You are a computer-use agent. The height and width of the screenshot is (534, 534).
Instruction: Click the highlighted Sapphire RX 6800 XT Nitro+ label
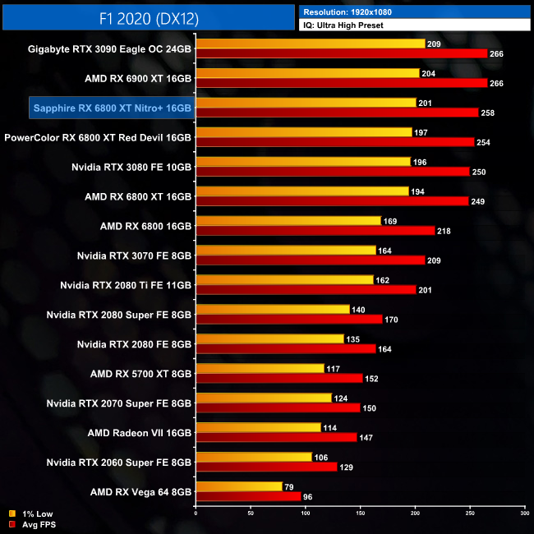point(112,108)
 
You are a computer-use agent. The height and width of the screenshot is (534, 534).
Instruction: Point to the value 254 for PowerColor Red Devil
point(485,142)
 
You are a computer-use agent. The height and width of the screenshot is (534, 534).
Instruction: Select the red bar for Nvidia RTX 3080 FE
point(332,172)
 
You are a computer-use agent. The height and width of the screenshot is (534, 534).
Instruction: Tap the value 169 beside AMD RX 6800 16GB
point(391,220)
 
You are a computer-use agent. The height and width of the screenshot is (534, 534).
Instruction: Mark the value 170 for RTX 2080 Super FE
point(393,320)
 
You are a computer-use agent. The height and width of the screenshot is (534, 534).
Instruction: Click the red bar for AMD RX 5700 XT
point(279,378)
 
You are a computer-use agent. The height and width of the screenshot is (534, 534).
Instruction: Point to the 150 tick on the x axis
point(360,514)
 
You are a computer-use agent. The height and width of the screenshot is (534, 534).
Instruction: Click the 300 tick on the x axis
point(524,514)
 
